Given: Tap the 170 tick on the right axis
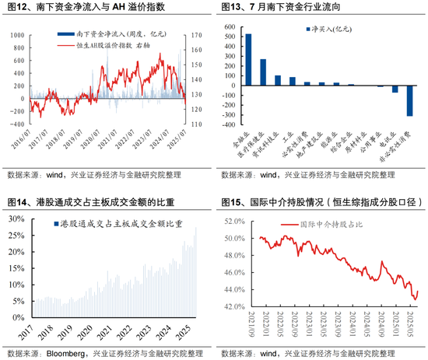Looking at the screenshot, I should point(197,35).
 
